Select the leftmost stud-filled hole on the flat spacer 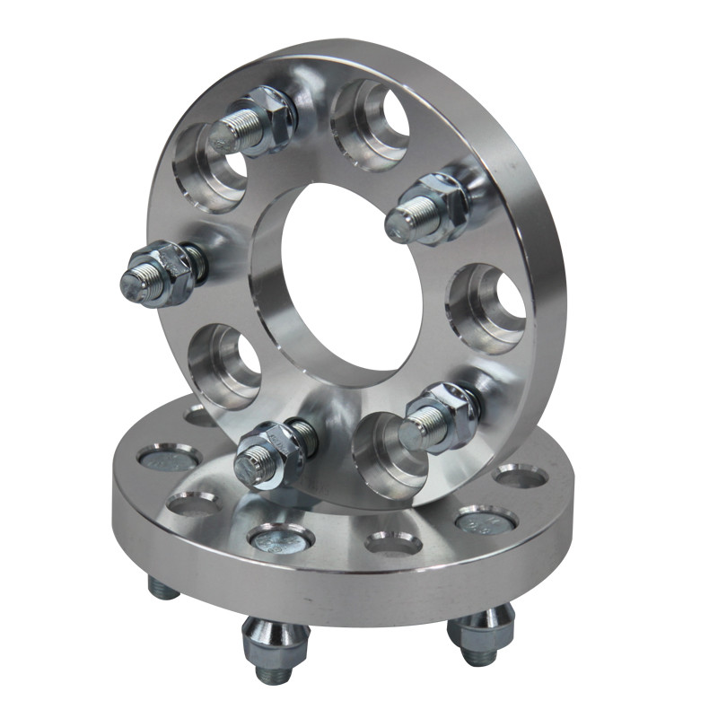point(170,460)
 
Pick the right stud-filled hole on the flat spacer point(486,520)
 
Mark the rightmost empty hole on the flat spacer point(521,475)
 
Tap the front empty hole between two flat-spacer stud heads point(393,542)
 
